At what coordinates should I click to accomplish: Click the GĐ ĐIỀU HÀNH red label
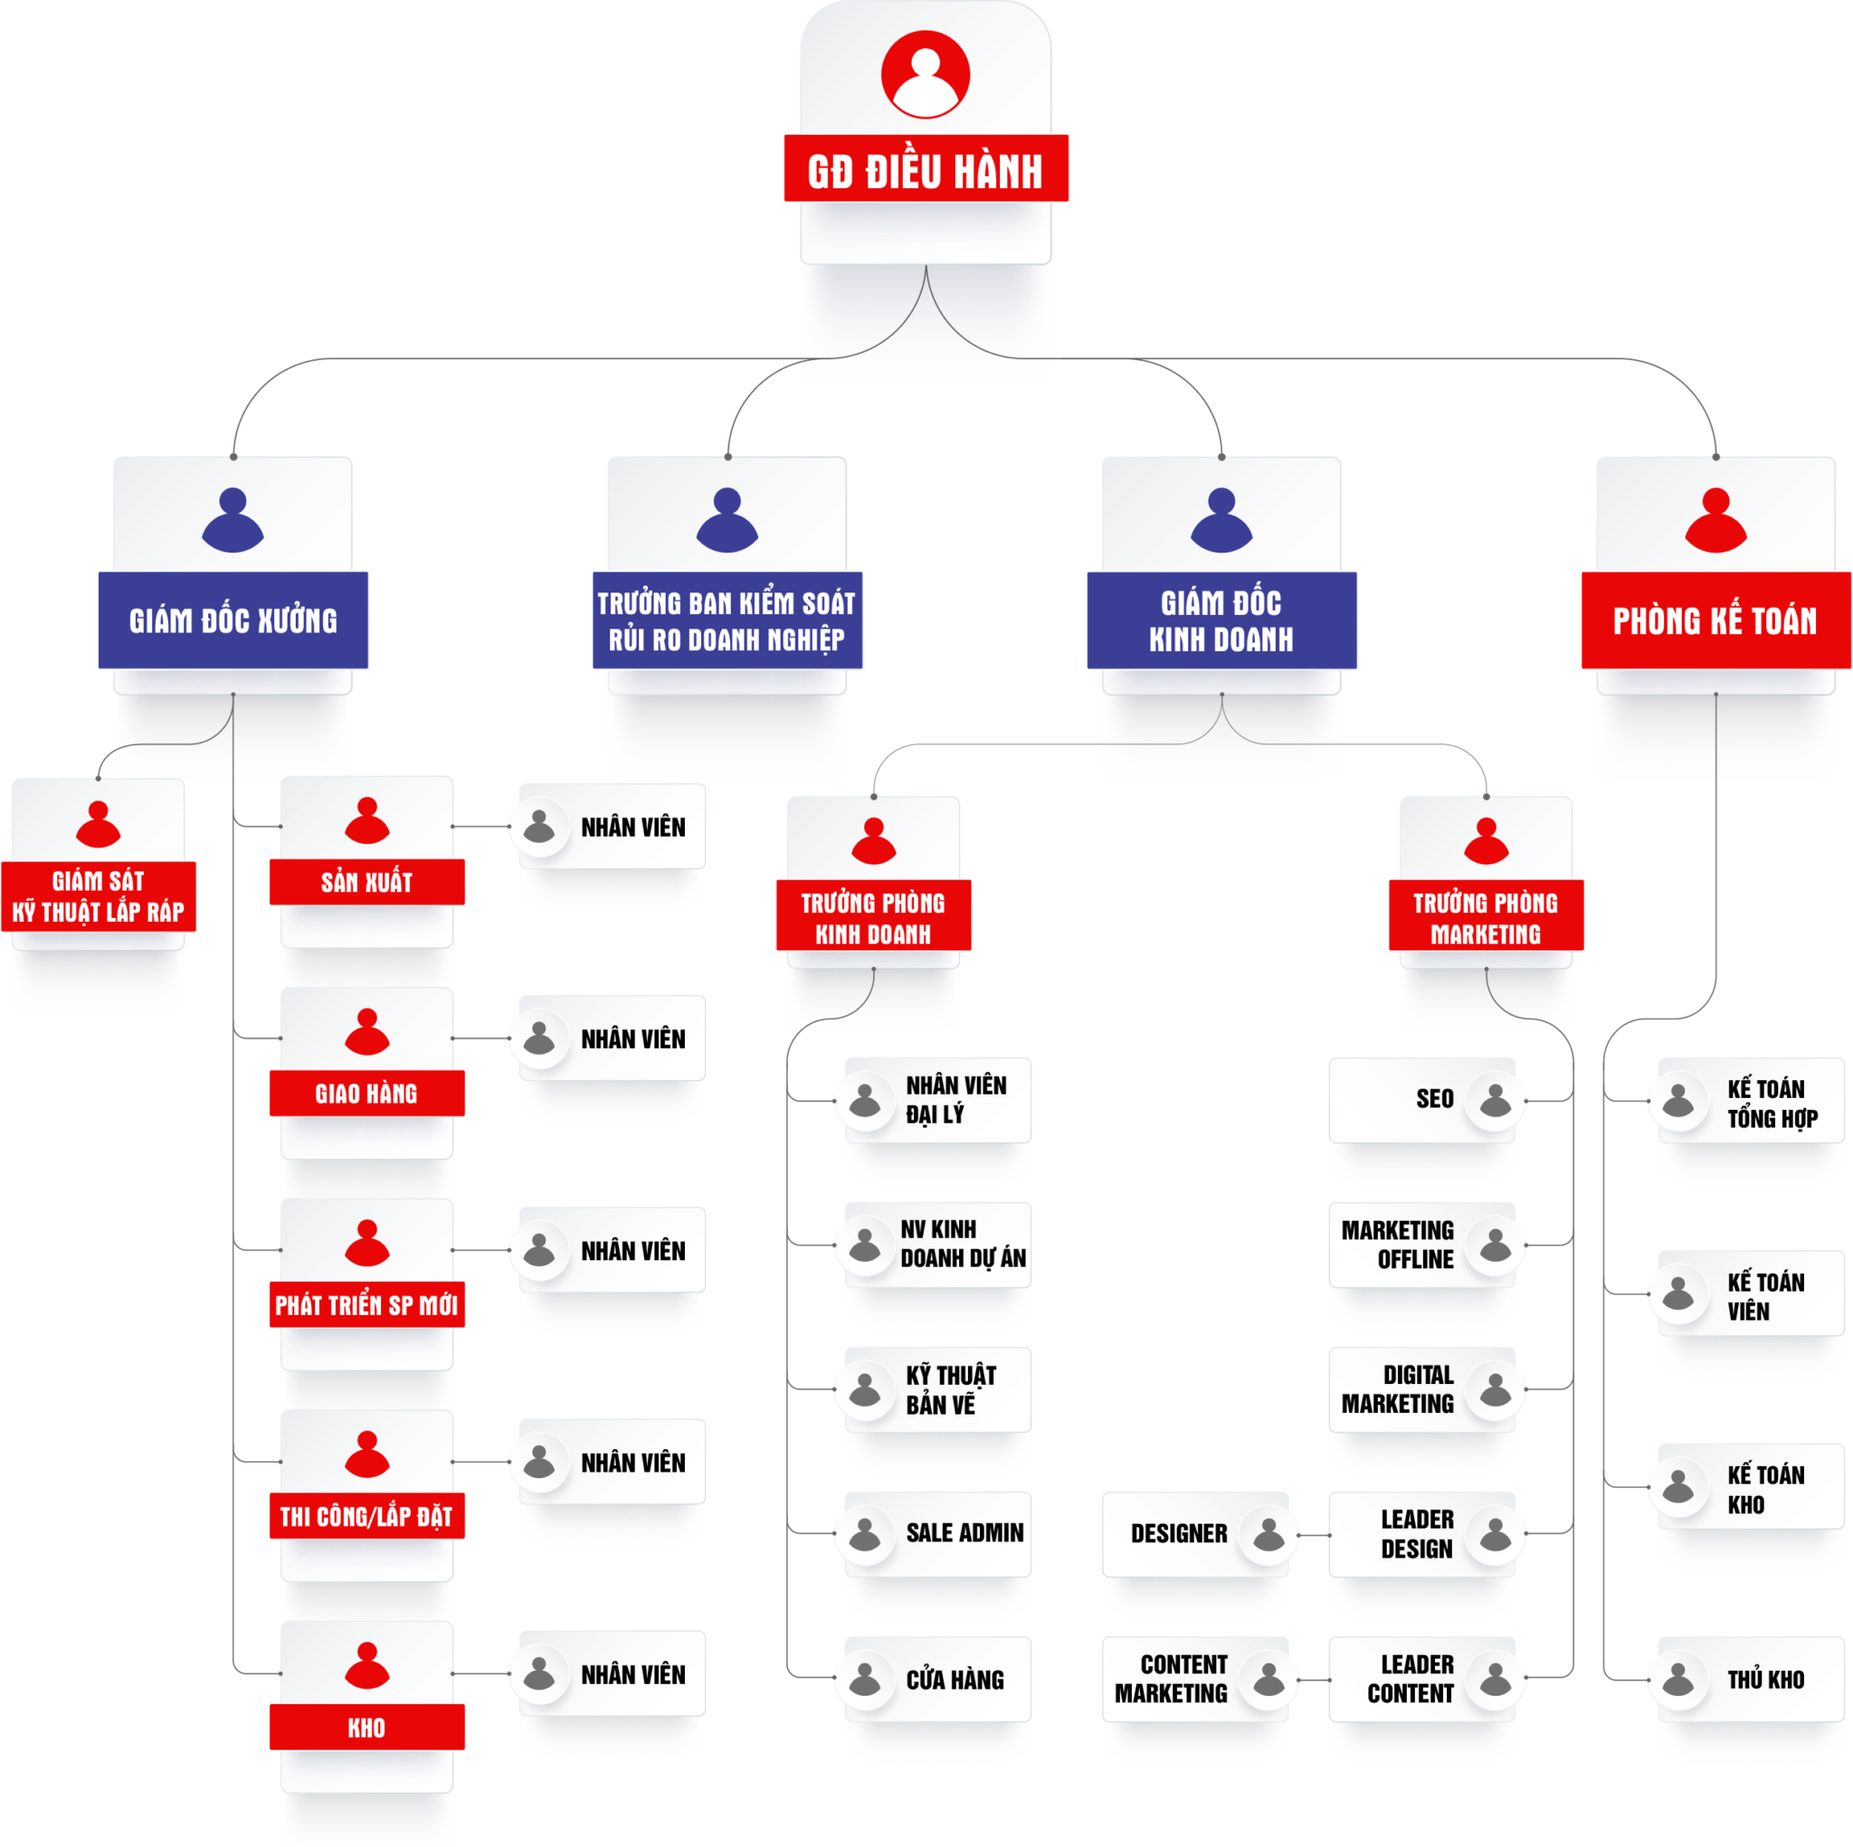[x=926, y=169]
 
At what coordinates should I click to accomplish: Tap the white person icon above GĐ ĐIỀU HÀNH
[x=926, y=74]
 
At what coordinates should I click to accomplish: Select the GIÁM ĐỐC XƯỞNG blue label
[x=233, y=620]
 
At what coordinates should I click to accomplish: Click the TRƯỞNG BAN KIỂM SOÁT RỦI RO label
[x=727, y=620]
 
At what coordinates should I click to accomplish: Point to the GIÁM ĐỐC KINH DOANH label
[x=1221, y=620]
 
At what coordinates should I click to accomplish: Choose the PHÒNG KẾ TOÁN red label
[x=1715, y=620]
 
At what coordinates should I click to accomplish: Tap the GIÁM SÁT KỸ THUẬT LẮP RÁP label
[x=99, y=896]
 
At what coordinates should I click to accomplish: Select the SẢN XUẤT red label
[x=367, y=882]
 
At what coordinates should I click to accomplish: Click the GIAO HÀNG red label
[x=367, y=1094]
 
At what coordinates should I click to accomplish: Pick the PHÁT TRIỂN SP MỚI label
[x=367, y=1305]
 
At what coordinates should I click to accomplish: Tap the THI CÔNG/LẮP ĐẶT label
[x=367, y=1516]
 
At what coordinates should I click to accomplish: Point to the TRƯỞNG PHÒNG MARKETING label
[x=1486, y=917]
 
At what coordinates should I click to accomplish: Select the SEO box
[x=1422, y=1099]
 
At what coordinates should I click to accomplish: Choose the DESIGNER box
[x=1194, y=1533]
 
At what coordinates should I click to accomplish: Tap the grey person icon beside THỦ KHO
[x=1677, y=1679]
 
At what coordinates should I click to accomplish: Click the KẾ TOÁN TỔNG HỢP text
[x=1772, y=1103]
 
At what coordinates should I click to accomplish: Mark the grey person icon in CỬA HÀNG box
[x=864, y=1679]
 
